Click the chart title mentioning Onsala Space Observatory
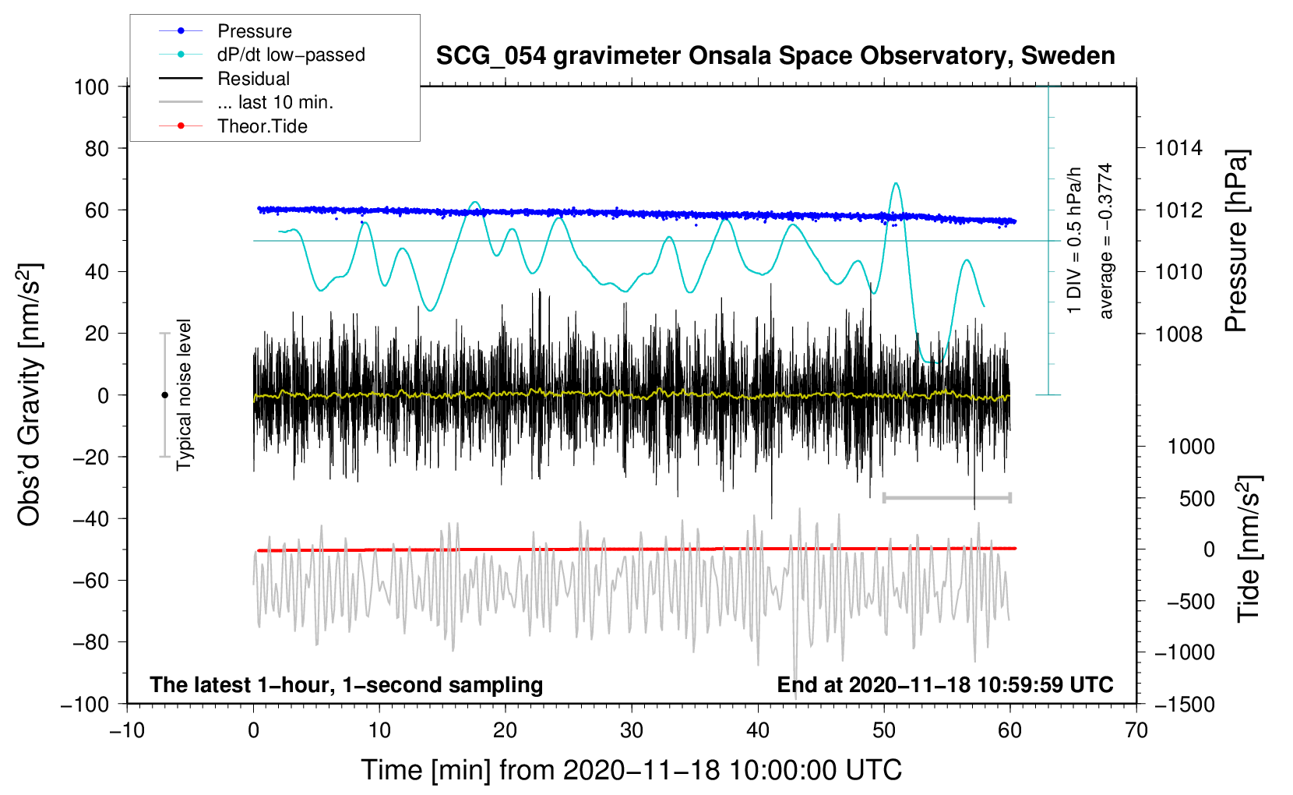pos(775,56)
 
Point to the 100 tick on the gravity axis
pos(91,87)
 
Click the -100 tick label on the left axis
pos(85,704)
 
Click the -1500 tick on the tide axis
pos(1184,704)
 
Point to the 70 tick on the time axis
pos(1136,730)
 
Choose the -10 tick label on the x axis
pos(127,730)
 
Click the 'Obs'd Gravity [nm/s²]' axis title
pos(30,394)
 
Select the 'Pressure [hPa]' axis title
pos(1236,241)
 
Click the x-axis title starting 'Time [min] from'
pos(631,770)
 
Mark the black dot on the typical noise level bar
pos(164,395)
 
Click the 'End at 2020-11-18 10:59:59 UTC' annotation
pos(945,684)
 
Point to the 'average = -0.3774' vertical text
pos(1106,241)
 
